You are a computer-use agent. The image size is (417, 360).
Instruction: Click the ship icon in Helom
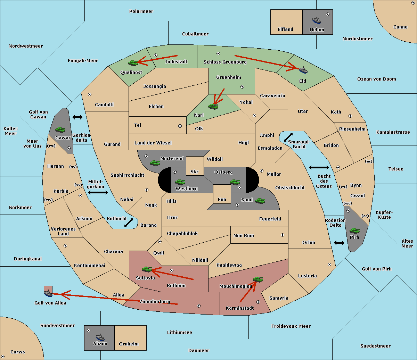[x=317, y=20]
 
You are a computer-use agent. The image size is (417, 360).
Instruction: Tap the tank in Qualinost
[x=133, y=63]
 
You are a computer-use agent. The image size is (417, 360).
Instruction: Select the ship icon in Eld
[x=303, y=70]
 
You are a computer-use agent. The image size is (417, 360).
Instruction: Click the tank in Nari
[x=213, y=107]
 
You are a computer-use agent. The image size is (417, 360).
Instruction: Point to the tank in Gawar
[x=60, y=129]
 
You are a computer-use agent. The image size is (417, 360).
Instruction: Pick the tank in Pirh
[x=354, y=231]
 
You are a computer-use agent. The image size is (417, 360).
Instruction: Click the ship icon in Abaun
[x=100, y=337]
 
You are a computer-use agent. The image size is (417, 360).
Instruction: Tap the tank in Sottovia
[x=147, y=269]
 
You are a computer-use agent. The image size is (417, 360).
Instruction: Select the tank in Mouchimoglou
[x=258, y=279]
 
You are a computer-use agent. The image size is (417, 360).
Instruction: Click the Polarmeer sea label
[x=141, y=11]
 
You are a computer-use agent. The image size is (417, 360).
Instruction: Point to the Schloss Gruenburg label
[x=225, y=62]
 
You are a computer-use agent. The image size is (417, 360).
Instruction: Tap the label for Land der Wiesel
[x=153, y=143]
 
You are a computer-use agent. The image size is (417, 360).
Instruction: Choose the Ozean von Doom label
[x=376, y=79]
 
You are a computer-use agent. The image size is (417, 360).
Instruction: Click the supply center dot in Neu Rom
[x=283, y=235]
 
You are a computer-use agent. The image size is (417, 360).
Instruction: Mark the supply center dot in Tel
[x=180, y=126]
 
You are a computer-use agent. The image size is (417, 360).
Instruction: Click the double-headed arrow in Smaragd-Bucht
[x=288, y=137]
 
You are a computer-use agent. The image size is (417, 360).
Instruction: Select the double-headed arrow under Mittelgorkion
[x=98, y=192]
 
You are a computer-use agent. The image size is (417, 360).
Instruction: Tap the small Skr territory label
[x=194, y=172]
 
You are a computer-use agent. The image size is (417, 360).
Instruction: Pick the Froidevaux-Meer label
[x=291, y=326]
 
